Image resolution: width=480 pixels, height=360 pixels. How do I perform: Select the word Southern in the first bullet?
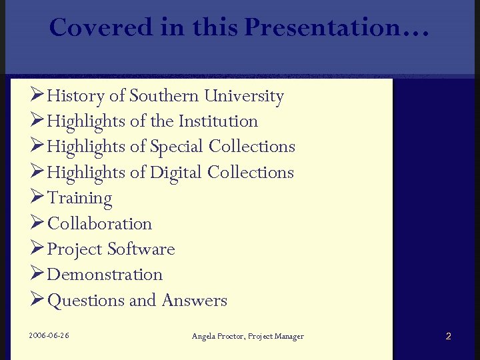click(x=165, y=96)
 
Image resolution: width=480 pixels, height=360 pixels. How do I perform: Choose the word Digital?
click(x=176, y=173)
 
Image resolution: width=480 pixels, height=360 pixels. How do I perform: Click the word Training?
click(x=80, y=198)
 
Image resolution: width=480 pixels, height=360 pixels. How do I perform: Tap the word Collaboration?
click(x=100, y=223)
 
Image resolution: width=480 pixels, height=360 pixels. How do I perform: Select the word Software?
click(x=141, y=249)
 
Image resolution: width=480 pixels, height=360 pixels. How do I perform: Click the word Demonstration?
click(x=105, y=275)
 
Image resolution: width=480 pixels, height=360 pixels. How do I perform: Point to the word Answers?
click(x=194, y=301)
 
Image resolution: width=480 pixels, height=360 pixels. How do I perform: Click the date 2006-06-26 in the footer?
click(x=49, y=335)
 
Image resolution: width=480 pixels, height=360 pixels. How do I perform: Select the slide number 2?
click(x=448, y=336)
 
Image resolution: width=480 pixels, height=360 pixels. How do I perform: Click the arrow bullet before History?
click(x=37, y=96)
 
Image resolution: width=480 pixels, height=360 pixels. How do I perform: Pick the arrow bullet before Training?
click(x=37, y=198)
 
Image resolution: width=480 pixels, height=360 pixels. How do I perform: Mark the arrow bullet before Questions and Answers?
click(x=37, y=301)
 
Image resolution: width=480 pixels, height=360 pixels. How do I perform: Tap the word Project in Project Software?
click(x=75, y=249)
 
